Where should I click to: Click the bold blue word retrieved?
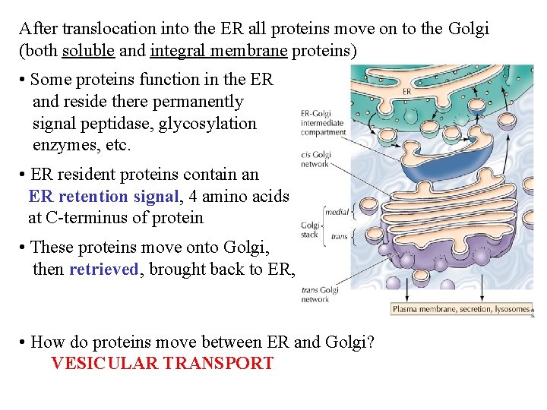104,270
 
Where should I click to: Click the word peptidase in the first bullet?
119,124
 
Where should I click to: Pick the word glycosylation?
207,124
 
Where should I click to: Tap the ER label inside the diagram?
407,91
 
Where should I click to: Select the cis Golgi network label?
315,159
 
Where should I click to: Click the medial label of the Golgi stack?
337,213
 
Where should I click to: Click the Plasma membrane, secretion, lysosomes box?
460,309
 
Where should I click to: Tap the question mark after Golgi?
370,342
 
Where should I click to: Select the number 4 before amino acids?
193,197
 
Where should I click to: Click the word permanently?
198,102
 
